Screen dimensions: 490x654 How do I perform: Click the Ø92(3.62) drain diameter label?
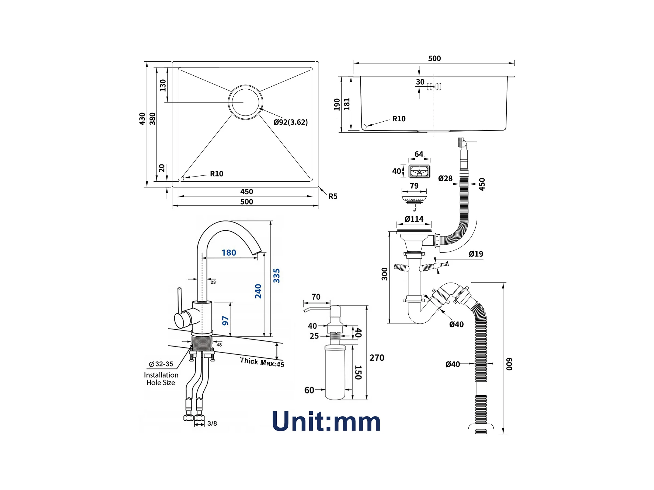[290, 122]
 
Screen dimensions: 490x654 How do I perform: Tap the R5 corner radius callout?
[333, 196]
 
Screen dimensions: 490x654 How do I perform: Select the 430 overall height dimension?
[142, 119]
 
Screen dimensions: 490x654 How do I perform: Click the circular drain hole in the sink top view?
[245, 102]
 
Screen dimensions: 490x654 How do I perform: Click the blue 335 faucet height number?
[276, 276]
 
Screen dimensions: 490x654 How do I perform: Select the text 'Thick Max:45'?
[262, 362]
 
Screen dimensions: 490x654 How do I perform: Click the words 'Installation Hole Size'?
[161, 379]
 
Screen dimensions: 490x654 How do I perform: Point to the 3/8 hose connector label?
[212, 423]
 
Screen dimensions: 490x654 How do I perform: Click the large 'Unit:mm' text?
[326, 421]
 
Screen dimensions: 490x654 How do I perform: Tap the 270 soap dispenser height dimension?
[377, 358]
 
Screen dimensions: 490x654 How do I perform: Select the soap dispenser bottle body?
[335, 372]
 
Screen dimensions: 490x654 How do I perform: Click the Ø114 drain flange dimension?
[414, 219]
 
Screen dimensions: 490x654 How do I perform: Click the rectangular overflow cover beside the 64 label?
[419, 172]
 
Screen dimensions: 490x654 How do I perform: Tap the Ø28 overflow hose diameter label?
[445, 178]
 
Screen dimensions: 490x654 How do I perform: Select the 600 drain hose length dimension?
[509, 364]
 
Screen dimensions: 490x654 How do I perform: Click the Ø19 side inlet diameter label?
[476, 254]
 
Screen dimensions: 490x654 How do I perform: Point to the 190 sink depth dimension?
[337, 104]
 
